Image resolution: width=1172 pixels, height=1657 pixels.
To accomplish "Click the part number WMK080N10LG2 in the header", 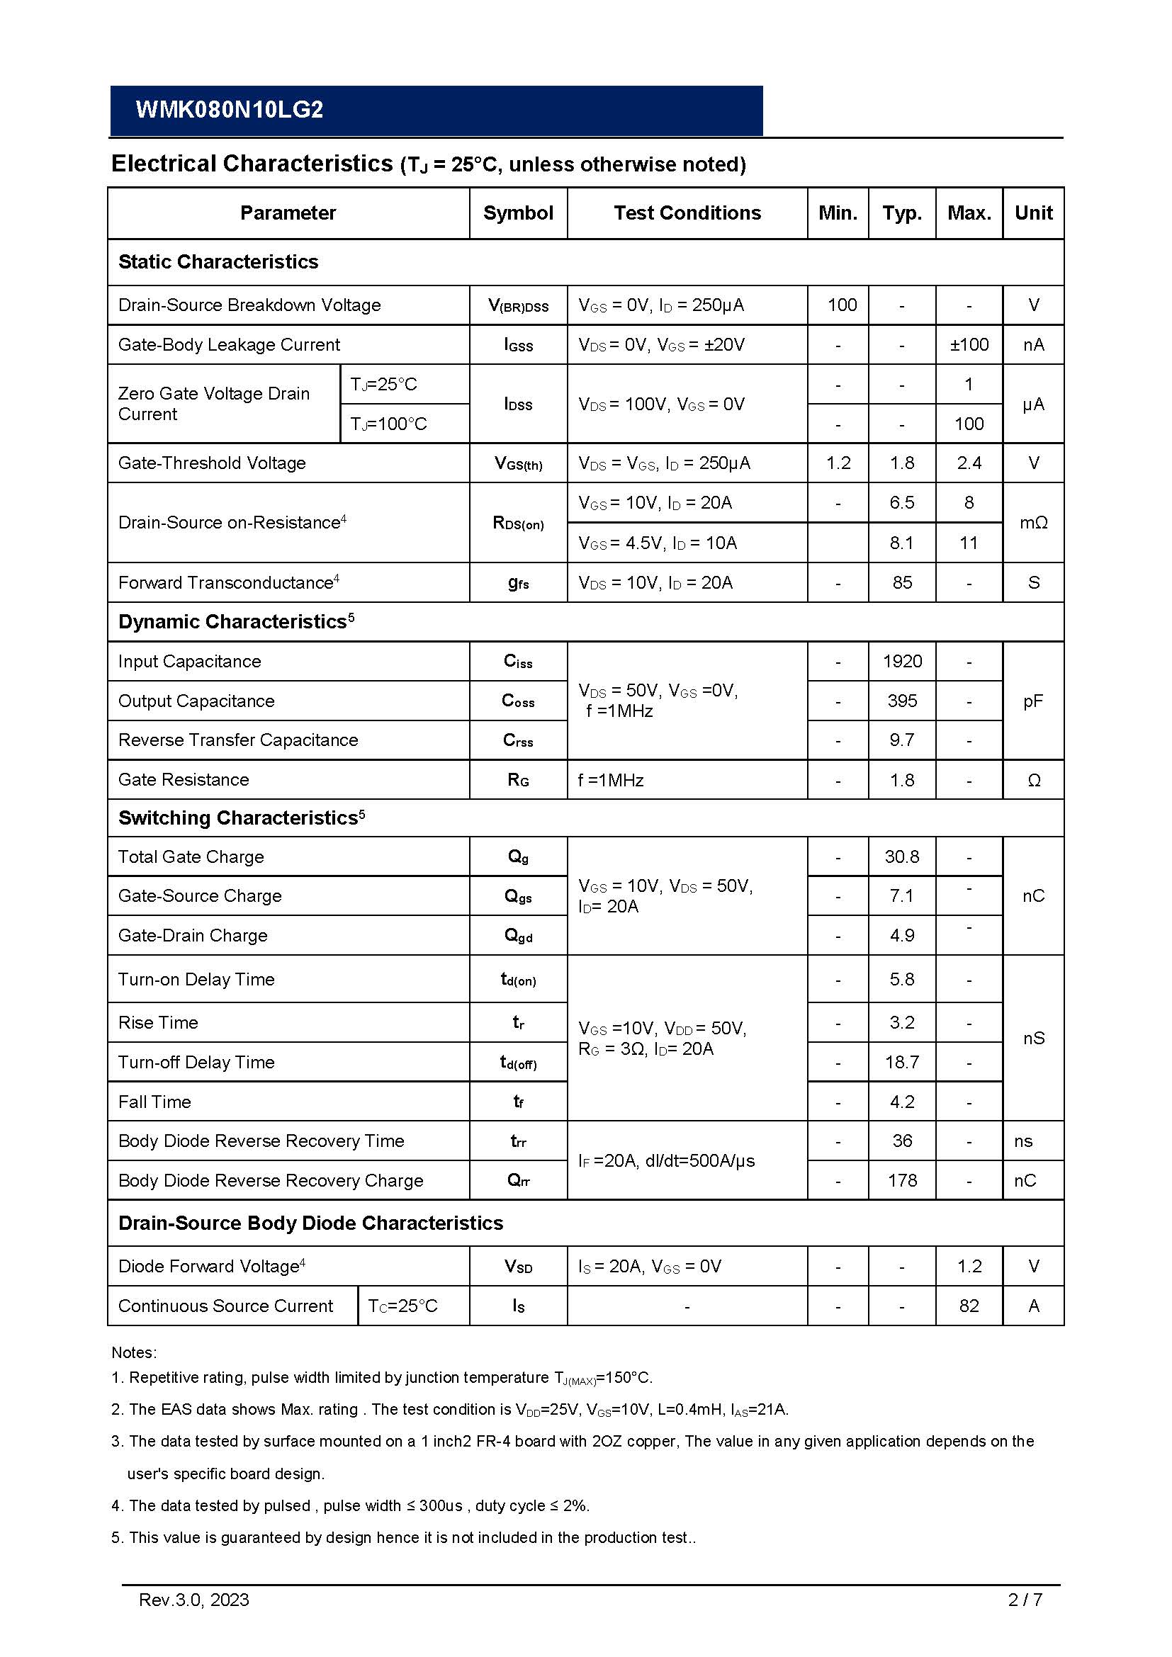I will tap(230, 110).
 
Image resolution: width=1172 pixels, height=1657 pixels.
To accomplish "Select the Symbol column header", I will tap(518, 213).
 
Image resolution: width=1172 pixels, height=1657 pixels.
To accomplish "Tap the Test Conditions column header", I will tap(687, 213).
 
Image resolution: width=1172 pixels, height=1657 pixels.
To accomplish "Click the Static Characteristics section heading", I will tap(218, 262).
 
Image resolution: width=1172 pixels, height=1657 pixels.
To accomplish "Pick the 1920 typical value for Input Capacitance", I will tap(902, 661).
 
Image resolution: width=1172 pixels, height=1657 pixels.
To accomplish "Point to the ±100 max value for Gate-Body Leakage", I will tap(969, 345).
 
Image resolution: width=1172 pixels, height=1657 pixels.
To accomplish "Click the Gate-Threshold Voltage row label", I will tap(212, 463).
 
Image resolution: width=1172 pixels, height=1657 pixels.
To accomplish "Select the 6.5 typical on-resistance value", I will tap(902, 503).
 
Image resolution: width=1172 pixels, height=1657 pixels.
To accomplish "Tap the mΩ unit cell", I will tap(1033, 523).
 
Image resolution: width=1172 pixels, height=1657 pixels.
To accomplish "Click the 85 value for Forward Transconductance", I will tap(902, 582).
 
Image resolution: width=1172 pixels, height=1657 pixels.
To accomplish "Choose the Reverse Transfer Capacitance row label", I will tap(238, 740).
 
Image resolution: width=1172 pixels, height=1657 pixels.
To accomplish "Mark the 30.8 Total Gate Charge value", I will tap(902, 856).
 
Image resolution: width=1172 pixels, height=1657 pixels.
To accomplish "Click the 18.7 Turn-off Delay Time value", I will tap(902, 1063).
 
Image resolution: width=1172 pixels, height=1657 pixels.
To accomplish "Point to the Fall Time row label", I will tap(154, 1102).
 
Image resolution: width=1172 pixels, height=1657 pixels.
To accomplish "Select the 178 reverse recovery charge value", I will tap(902, 1181).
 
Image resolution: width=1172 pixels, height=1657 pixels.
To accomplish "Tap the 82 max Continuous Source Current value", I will tap(969, 1306).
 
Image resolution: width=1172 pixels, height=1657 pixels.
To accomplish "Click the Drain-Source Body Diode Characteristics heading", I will tap(310, 1223).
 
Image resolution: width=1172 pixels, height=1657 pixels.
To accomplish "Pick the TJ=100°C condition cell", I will tap(388, 424).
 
